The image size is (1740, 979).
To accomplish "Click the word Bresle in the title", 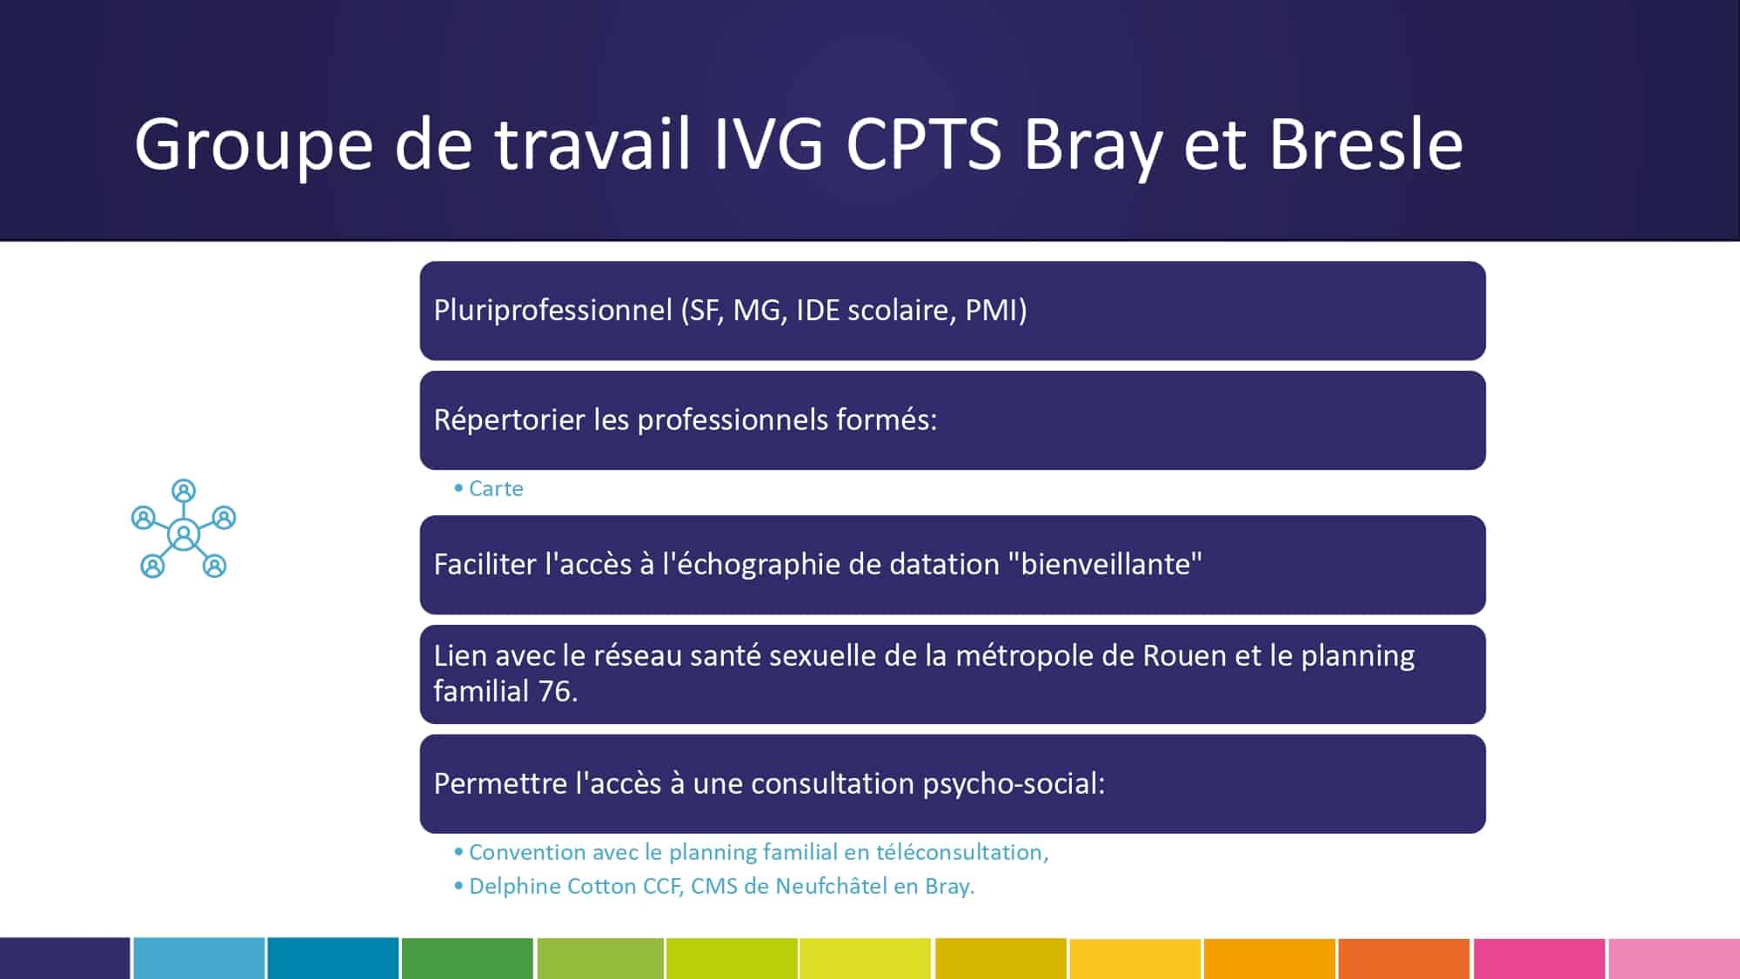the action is pos(1366,144).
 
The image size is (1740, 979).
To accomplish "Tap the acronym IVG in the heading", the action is pos(767,144).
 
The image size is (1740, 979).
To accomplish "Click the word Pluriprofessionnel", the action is pos(553,311).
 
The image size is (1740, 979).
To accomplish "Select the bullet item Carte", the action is pos(496,488).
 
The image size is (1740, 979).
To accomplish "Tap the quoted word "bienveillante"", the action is pos(1105,564).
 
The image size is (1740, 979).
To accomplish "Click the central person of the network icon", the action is pos(184,534).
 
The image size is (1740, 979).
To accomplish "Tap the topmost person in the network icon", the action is pos(184,491).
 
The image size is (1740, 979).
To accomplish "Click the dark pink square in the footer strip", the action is pos(1539,958).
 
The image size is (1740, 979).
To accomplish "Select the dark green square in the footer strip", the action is pos(467,958).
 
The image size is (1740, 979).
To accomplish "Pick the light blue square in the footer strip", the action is pos(199,958).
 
